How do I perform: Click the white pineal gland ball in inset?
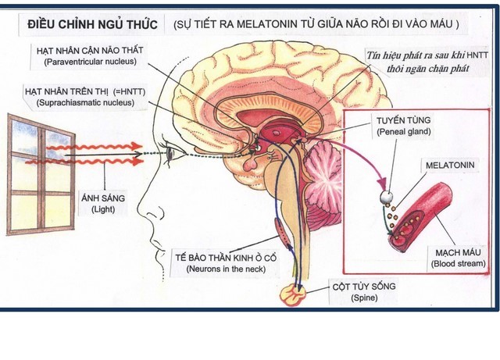point(386,198)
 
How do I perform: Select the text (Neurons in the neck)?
point(226,269)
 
